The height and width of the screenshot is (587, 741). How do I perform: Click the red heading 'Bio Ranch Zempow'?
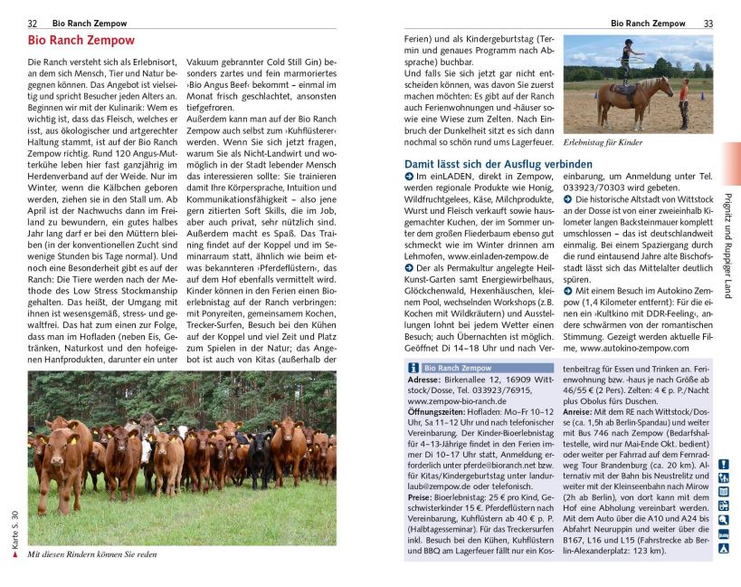tap(81, 41)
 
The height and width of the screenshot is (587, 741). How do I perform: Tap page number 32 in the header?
tap(33, 23)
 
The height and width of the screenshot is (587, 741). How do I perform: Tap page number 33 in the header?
tap(708, 23)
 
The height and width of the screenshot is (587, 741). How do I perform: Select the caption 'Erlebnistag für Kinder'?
tap(602, 143)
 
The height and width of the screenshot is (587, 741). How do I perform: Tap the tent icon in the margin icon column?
tap(723, 548)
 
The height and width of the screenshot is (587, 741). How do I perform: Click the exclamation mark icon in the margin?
tap(723, 465)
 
